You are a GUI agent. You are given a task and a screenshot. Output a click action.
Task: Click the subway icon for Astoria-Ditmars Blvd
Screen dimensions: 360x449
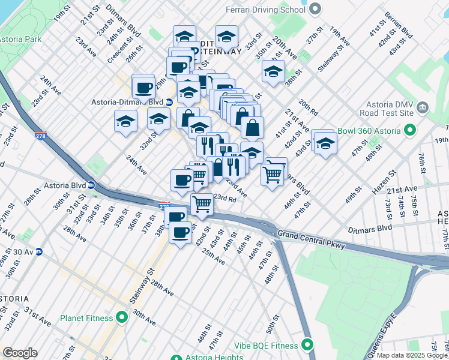170,103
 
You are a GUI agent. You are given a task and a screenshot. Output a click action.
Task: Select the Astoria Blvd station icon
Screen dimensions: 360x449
91,185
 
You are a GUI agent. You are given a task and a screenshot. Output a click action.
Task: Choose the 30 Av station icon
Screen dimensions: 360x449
38,252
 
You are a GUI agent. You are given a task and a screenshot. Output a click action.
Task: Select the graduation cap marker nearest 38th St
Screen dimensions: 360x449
273,72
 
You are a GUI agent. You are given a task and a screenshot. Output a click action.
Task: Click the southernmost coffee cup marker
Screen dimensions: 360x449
179,232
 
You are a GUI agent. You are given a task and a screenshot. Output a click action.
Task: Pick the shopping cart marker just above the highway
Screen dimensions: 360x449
202,204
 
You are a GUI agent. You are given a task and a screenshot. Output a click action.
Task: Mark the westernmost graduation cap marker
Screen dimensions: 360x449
126,122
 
